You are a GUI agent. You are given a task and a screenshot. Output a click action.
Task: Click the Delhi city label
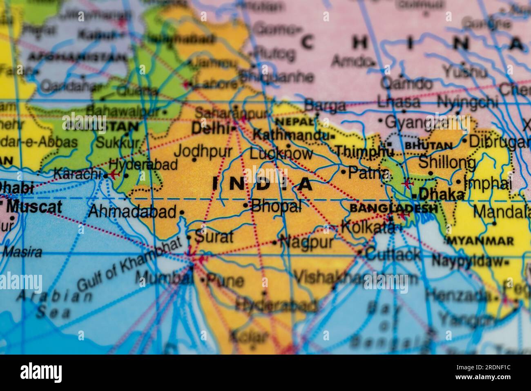click(210, 129)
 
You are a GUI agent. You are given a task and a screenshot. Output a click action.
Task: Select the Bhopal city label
click(277, 205)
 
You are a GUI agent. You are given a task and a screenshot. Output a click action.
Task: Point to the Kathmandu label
click(291, 134)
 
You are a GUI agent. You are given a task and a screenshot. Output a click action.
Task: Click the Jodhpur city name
click(203, 151)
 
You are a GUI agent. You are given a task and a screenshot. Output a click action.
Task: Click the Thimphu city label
click(365, 151)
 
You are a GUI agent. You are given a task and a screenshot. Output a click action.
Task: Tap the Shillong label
click(447, 162)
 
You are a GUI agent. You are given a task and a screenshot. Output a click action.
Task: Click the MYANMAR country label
click(480, 241)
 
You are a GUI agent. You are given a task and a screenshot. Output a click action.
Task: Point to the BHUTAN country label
click(428, 146)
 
